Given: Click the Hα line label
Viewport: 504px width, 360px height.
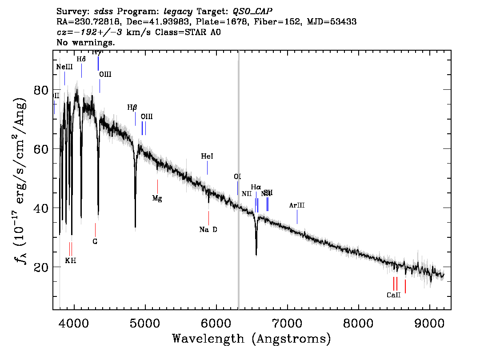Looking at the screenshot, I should (x=256, y=187).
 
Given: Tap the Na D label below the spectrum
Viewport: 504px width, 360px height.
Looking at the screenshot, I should (x=208, y=230).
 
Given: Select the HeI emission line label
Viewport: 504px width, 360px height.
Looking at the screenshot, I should (x=207, y=156).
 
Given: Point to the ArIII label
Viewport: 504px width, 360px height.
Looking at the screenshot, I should (x=297, y=205).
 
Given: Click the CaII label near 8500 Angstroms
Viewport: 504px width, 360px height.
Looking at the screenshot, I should (x=393, y=295).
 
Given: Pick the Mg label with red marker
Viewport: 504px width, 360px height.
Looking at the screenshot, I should (x=157, y=198).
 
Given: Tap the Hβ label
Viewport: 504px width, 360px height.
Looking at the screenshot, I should (x=132, y=108).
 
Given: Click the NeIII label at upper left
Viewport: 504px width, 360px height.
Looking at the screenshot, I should (x=64, y=67).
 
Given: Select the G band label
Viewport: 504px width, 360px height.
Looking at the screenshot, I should (x=95, y=241).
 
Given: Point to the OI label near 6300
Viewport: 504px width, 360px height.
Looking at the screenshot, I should (x=237, y=177).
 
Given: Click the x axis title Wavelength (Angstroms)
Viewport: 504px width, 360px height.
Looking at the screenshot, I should (x=252, y=339).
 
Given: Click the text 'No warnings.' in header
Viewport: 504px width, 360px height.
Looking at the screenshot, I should (x=86, y=43).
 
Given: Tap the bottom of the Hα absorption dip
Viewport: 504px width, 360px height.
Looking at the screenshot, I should (x=256, y=254).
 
